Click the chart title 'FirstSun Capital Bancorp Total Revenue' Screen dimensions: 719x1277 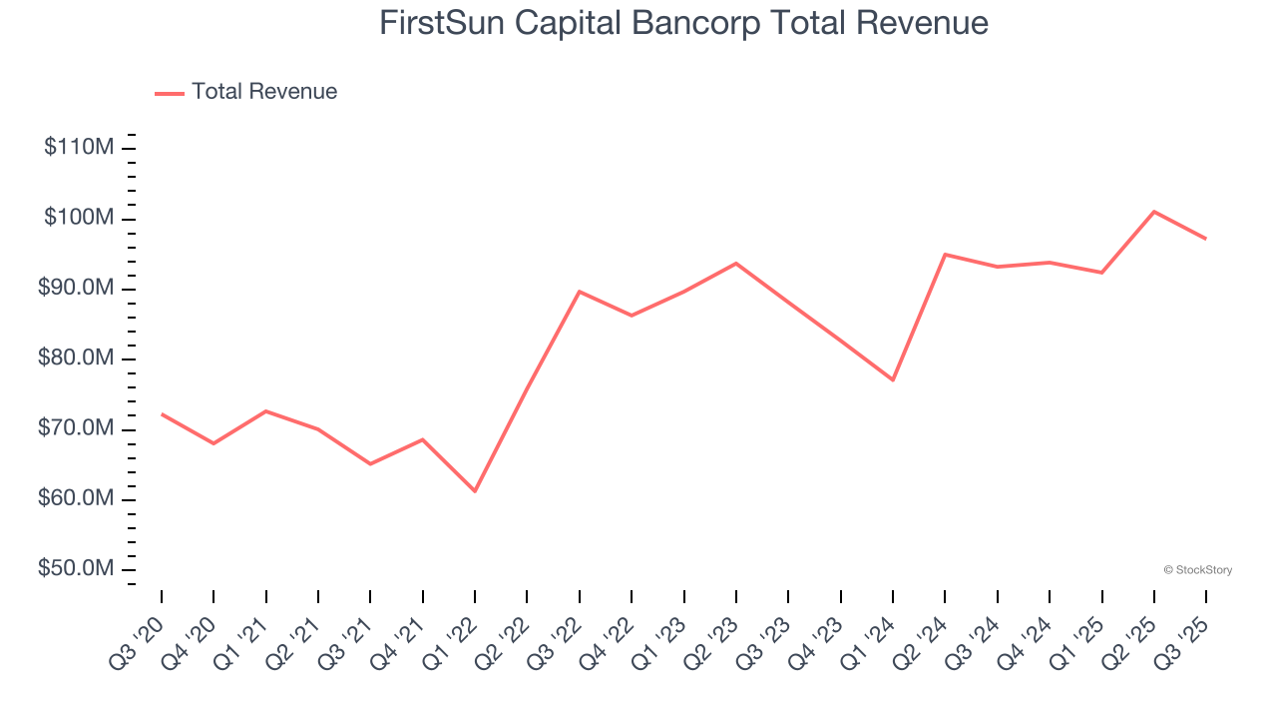[683, 23]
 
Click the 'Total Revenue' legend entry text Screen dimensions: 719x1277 [264, 92]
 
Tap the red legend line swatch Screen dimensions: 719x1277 [170, 93]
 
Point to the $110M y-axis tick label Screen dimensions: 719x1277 [79, 148]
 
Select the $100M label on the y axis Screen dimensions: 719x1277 [79, 218]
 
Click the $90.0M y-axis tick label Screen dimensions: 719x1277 [76, 289]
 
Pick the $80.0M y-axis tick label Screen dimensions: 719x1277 [76, 359]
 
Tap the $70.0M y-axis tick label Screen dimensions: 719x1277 [76, 429]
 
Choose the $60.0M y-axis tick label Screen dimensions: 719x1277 [76, 499]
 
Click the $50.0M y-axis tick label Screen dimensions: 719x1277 [76, 569]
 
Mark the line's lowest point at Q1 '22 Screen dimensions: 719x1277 [475, 491]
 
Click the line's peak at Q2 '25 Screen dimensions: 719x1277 [1153, 212]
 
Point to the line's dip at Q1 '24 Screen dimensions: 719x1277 [893, 380]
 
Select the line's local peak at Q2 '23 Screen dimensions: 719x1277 [736, 264]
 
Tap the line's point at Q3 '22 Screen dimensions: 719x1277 [580, 292]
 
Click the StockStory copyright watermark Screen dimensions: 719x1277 [1197, 570]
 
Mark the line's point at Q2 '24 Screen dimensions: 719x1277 [945, 255]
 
